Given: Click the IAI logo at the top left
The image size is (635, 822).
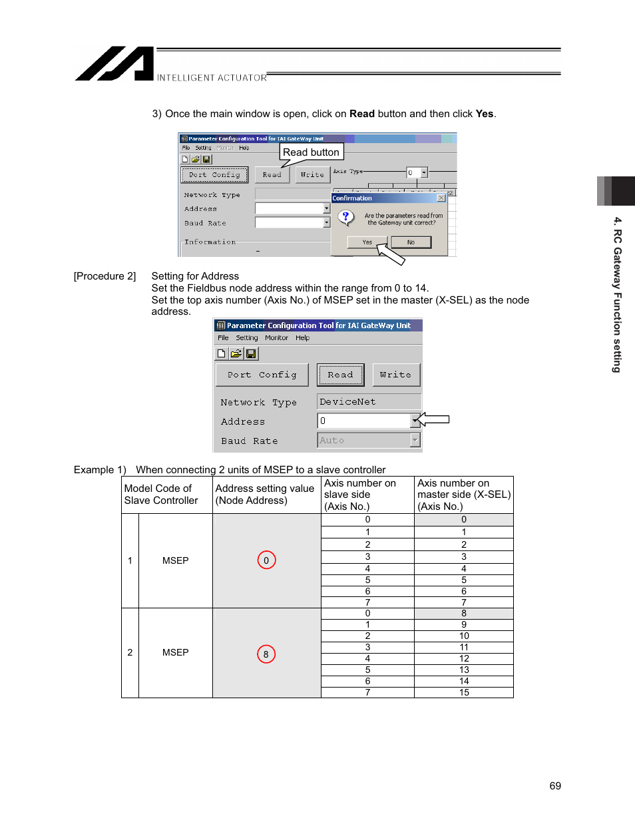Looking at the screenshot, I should (114, 64).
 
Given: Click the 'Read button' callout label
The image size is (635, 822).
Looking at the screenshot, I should (311, 152).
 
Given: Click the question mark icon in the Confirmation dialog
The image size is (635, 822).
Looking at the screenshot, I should (345, 217).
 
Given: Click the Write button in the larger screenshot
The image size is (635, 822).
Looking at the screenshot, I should (396, 375).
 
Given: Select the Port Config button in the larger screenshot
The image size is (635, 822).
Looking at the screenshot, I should (262, 375).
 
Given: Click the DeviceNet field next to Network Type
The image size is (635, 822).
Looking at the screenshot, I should (369, 402).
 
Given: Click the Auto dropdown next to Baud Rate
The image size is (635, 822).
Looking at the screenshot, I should (368, 440).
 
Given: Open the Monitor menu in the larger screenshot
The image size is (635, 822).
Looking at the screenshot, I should (276, 338).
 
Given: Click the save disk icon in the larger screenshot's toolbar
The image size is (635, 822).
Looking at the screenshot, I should (251, 353).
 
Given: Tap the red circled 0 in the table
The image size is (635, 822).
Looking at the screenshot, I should (266, 560).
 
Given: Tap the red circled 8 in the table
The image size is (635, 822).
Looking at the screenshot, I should (266, 654).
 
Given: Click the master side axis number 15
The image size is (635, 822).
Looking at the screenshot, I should (464, 692).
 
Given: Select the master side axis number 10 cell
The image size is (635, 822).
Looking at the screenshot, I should (464, 636).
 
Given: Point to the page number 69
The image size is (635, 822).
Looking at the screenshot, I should (555, 786).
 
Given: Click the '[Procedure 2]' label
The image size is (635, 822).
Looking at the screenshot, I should (105, 276).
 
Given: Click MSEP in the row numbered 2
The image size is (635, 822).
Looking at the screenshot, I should (176, 652).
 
